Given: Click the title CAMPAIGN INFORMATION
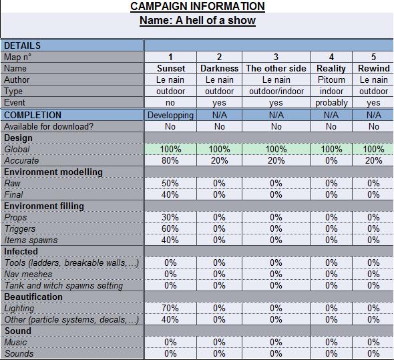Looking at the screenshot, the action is pos(198,6).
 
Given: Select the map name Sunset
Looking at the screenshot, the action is pos(171,68).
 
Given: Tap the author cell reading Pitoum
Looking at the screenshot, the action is pos(331,79).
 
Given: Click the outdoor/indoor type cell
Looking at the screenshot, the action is pos(276,91).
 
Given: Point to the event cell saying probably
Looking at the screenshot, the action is pos(331,103).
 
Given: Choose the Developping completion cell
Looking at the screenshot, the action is pos(170,115).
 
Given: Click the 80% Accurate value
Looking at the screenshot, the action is pos(170,160).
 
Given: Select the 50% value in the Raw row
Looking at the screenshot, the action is pos(170,183).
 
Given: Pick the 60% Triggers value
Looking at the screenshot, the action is pos(170,228).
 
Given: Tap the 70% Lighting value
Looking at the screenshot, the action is pos(170,308).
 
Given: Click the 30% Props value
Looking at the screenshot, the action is pos(170,217).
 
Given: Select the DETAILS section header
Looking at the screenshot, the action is pos(22,46).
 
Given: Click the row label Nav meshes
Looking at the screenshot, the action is pos(28,274).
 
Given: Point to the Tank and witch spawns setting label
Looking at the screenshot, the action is pos(63,285).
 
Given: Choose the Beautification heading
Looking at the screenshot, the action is pos(33,297).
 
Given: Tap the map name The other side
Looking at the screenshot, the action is pos(276,68).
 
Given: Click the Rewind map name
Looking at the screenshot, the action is pos(374,68).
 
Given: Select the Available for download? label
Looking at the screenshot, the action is pos(49,126).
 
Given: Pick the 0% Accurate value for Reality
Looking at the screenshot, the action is pos(331,160).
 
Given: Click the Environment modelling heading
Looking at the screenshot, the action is pos(53,172).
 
